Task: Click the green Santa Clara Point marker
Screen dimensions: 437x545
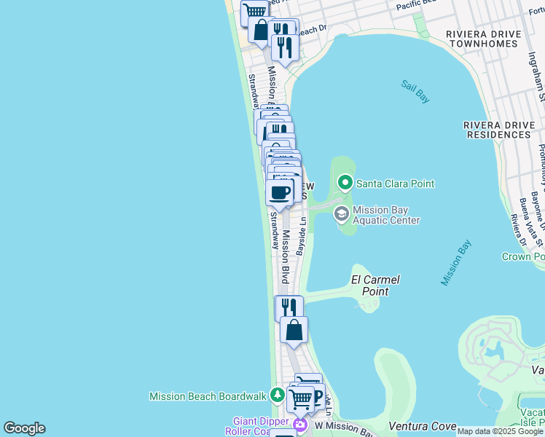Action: [x=345, y=184]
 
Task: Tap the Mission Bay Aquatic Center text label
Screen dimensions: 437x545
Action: [x=385, y=215]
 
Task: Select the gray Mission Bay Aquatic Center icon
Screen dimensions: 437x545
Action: [x=341, y=214]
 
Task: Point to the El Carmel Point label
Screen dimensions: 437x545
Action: [x=375, y=286]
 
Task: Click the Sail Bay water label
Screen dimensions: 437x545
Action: [x=416, y=87]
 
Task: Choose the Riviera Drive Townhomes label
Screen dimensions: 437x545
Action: [x=484, y=39]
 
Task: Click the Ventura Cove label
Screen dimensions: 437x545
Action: [x=423, y=426]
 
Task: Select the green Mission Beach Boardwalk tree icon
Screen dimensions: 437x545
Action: [x=277, y=395]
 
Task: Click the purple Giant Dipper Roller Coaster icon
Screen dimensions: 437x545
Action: [x=300, y=424]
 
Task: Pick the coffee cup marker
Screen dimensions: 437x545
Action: [x=280, y=192]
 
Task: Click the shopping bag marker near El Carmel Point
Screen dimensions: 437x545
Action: [x=294, y=330]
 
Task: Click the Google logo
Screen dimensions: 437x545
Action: [x=24, y=428]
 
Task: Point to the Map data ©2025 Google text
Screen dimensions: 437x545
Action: [x=501, y=431]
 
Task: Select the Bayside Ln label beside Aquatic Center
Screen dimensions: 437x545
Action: [x=299, y=240]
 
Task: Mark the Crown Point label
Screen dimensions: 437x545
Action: [x=523, y=257]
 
